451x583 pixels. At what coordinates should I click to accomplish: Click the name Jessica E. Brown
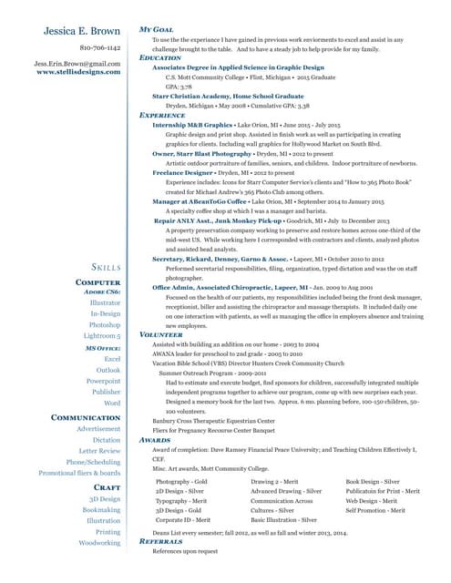(x=82, y=32)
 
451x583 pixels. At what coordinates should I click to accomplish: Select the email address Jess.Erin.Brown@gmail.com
(x=77, y=64)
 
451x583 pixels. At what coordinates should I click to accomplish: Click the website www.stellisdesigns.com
(x=78, y=72)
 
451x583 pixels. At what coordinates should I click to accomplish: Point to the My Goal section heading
(x=156, y=30)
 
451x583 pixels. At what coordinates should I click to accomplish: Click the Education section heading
(x=160, y=58)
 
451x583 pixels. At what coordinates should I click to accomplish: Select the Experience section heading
(x=162, y=116)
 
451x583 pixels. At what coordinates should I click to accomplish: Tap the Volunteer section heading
(x=160, y=335)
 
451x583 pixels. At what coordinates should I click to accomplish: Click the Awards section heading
(x=154, y=439)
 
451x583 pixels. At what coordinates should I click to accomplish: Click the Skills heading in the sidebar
(x=107, y=267)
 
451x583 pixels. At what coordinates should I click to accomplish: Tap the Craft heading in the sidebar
(x=107, y=488)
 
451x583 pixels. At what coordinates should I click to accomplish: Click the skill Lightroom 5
(x=100, y=336)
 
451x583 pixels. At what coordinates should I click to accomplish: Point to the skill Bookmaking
(x=101, y=510)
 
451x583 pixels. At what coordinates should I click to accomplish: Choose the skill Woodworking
(x=99, y=543)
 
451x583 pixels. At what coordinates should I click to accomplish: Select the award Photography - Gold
(x=182, y=481)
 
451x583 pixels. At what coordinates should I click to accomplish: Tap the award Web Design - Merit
(x=371, y=501)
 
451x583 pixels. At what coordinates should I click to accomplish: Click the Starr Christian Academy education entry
(x=228, y=96)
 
